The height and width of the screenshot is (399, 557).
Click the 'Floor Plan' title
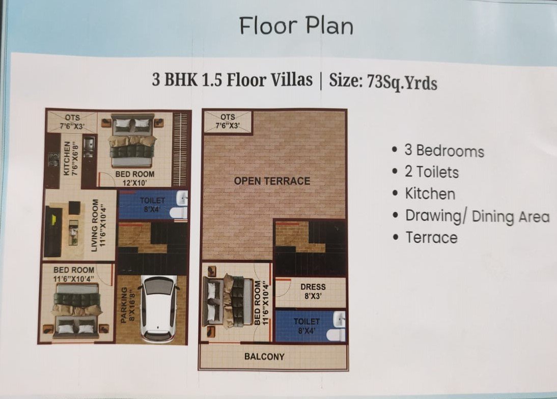(296, 25)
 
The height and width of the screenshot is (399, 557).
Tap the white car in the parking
(159, 308)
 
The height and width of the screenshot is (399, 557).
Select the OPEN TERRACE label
(272, 181)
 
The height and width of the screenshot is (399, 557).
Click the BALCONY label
(264, 356)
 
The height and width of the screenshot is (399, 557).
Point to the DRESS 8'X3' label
(313, 292)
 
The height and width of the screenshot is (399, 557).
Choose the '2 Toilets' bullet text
(432, 172)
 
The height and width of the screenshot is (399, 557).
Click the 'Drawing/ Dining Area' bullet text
(478, 216)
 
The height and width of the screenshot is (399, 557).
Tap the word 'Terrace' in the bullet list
(432, 238)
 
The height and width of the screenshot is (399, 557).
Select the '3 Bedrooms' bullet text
(444, 151)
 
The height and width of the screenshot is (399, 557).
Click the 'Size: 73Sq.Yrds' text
(383, 81)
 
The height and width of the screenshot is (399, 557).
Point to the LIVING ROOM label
(98, 225)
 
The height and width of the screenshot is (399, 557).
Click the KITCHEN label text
(70, 158)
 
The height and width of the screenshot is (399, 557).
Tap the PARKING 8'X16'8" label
(127, 306)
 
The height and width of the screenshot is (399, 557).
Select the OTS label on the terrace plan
(228, 122)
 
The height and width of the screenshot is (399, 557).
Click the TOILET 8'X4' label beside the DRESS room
(307, 326)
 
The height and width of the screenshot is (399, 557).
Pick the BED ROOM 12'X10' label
(134, 178)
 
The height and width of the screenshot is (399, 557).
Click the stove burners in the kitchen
(54, 160)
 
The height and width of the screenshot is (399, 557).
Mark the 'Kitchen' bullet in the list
(430, 194)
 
